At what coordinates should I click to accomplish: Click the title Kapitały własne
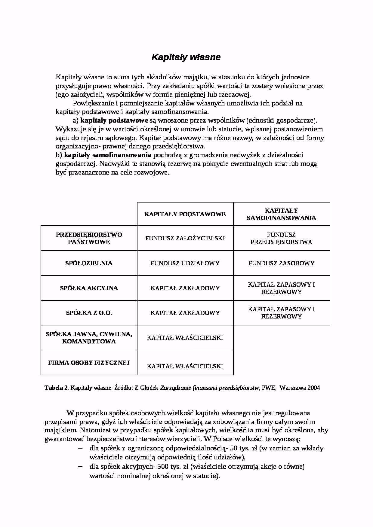coord(186,57)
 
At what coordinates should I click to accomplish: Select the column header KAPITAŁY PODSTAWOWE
coord(185,214)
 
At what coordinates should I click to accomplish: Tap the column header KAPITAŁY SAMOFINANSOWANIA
coord(281,214)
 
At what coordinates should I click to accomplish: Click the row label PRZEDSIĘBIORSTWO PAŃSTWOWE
coord(89,238)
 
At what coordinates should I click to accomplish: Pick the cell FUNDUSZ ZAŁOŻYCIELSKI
coord(185,238)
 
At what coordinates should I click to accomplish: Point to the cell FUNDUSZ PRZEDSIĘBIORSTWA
coord(281,238)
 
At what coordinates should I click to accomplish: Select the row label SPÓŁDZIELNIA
coord(89,263)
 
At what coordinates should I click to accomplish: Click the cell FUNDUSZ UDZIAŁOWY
coord(185,263)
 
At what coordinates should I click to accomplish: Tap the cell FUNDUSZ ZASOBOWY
coord(281,263)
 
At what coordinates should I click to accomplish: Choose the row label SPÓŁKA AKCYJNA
coord(89,288)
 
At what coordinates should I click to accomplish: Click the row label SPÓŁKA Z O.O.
coord(89,313)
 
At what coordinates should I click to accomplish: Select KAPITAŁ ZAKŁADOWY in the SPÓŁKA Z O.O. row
coord(185,313)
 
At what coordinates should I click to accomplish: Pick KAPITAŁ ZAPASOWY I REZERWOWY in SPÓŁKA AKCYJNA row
coord(281,288)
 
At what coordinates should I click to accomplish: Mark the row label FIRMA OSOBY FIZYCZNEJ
coord(89,363)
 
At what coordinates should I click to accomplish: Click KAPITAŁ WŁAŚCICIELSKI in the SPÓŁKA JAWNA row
coord(185,338)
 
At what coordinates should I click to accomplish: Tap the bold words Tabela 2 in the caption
coord(56,388)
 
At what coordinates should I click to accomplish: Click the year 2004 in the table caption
coord(314,388)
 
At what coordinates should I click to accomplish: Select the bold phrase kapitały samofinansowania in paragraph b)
coord(108,155)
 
